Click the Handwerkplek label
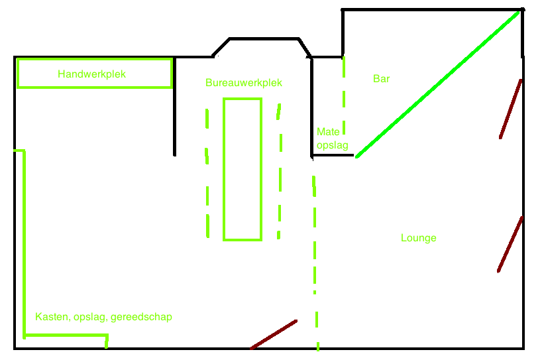pyautogui.click(x=91, y=74)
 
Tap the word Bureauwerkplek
pyautogui.click(x=244, y=83)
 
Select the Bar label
pyautogui.click(x=381, y=78)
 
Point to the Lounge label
pyautogui.click(x=418, y=238)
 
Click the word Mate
pyautogui.click(x=328, y=132)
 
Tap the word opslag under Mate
pyautogui.click(x=332, y=145)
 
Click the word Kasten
pyautogui.click(x=52, y=317)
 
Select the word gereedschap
pyautogui.click(x=141, y=317)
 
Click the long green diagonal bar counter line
pyautogui.click(x=437, y=84)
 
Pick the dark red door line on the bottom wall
pyautogui.click(x=274, y=334)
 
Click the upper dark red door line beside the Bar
pyautogui.click(x=510, y=109)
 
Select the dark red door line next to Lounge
pyautogui.click(x=510, y=244)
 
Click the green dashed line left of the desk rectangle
pyautogui.click(x=207, y=173)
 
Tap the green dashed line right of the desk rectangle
pyautogui.click(x=280, y=171)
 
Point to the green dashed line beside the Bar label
pyautogui.click(x=344, y=95)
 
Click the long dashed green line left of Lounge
pyautogui.click(x=315, y=263)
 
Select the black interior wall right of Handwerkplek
pyautogui.click(x=174, y=107)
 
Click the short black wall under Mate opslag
pyautogui.click(x=333, y=155)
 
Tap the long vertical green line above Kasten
pyautogui.click(x=25, y=244)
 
